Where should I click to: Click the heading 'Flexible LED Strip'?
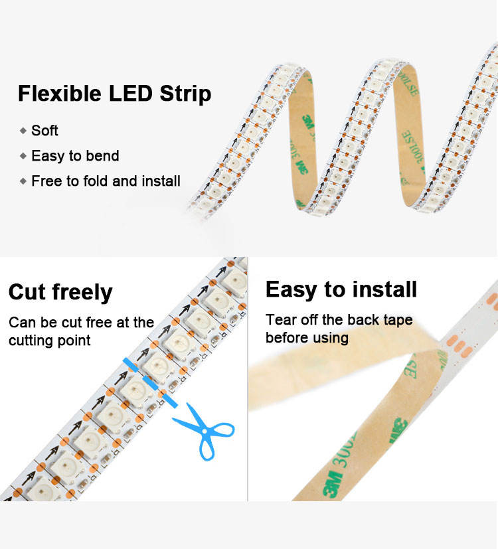pyautogui.click(x=114, y=94)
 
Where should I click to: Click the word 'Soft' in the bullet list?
pyautogui.click(x=44, y=130)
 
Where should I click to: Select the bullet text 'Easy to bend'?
pyautogui.click(x=75, y=156)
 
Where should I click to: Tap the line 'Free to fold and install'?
pyautogui.click(x=106, y=181)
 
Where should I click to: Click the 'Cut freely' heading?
pyautogui.click(x=60, y=292)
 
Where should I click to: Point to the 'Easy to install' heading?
pyautogui.click(x=341, y=289)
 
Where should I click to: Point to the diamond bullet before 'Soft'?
pyautogui.click(x=23, y=131)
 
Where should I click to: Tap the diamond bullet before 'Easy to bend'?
pyautogui.click(x=23, y=156)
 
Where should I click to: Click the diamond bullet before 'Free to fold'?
pyautogui.click(x=23, y=181)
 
